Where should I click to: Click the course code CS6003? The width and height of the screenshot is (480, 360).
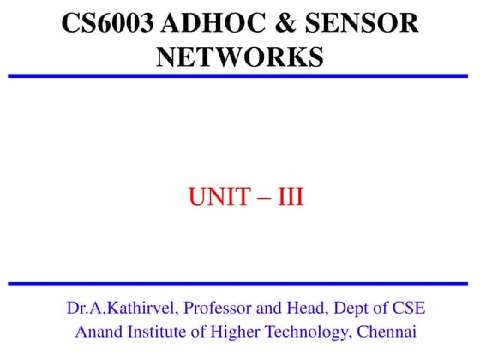[x=107, y=23]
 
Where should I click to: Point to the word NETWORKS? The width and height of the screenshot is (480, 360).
[x=240, y=57]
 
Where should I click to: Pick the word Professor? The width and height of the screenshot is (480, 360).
[x=219, y=309]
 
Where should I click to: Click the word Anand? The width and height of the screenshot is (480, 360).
[x=99, y=331]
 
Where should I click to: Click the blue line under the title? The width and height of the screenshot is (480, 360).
[x=240, y=76]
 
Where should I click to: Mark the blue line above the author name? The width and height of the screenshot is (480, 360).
[x=240, y=284]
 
